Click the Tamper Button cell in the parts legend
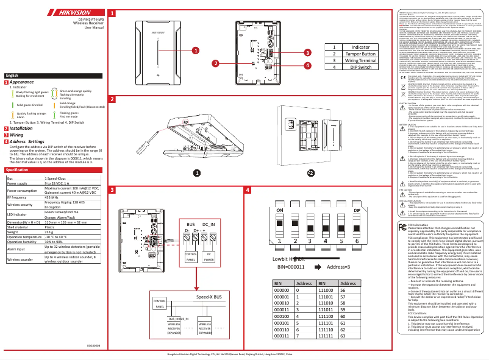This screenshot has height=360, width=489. tap(359, 54)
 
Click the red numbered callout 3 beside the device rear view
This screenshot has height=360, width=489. tap(308, 54)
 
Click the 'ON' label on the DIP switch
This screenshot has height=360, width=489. tap(281, 210)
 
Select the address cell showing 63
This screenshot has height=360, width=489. tap(343, 336)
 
